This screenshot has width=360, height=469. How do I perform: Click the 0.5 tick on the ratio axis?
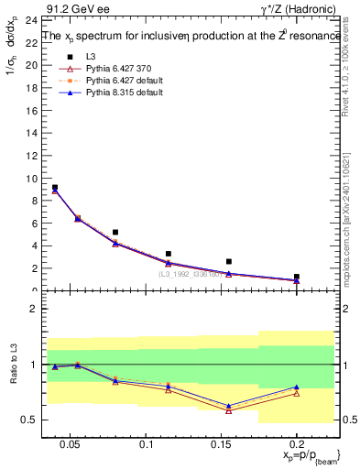[x=27, y=420]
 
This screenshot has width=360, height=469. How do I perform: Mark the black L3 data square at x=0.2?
[x=297, y=276]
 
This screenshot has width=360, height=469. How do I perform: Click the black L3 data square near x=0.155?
[x=229, y=261]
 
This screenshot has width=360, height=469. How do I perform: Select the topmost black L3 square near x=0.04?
[x=55, y=187]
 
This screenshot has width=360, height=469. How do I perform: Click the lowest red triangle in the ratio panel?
[x=229, y=410]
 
